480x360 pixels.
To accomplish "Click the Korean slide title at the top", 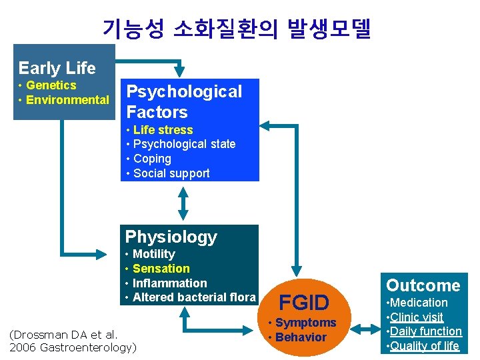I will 237,28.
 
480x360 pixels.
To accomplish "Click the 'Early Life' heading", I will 57,68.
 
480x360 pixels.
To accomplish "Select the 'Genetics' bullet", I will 51,85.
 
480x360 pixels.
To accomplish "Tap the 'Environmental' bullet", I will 67,100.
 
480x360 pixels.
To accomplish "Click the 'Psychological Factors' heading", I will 183,101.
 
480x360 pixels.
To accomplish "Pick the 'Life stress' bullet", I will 163,130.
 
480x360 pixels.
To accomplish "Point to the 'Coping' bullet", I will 152,159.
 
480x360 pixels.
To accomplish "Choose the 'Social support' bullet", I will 171,173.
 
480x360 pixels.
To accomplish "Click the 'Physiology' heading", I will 171,237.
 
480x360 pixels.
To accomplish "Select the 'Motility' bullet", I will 153,254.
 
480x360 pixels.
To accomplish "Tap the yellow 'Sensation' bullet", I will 161,269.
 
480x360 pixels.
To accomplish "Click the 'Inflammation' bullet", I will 169,283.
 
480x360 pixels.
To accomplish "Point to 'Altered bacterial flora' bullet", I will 193,297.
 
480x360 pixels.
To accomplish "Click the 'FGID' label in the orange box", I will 303,303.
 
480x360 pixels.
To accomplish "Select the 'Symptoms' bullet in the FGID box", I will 305,323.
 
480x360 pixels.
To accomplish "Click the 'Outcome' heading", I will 423,285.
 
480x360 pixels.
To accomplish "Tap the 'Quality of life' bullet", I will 424,345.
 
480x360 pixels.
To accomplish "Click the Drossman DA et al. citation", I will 71,341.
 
